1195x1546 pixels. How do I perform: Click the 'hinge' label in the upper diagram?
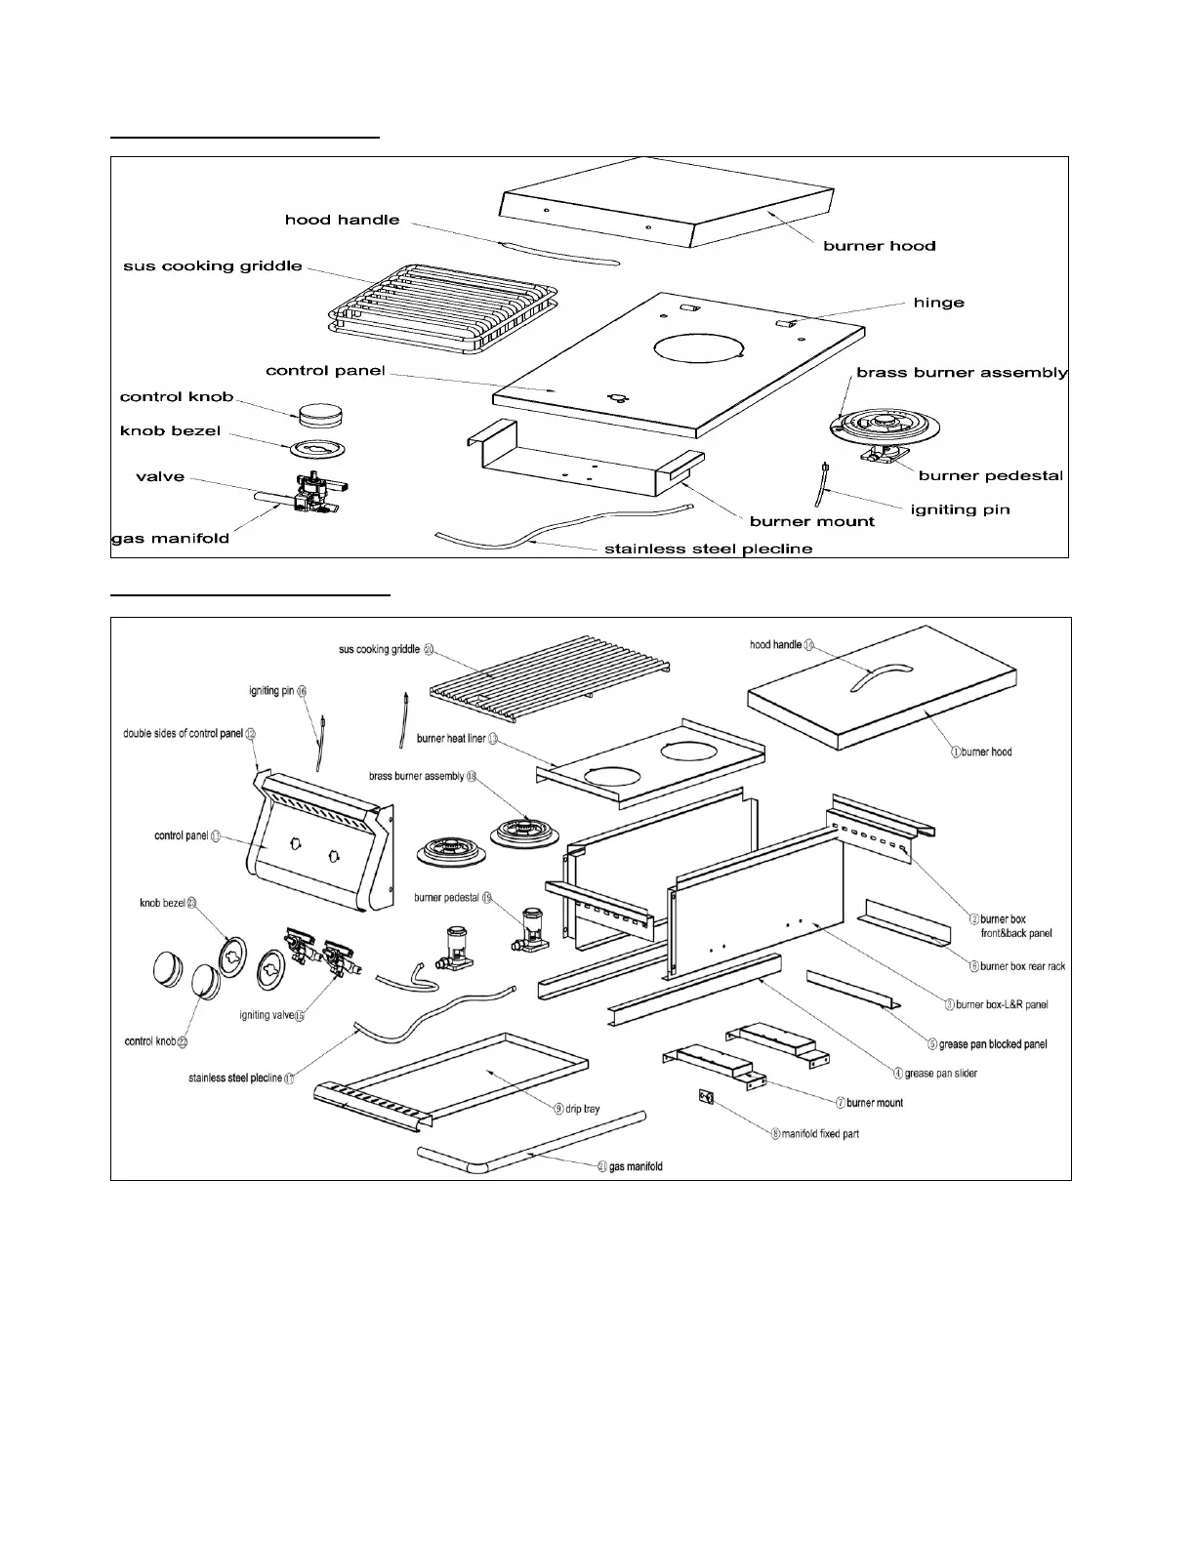tap(938, 303)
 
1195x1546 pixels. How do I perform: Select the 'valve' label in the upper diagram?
tap(159, 476)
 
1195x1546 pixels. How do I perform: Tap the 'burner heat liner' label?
tap(451, 739)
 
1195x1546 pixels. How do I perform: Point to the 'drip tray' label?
tap(583, 1109)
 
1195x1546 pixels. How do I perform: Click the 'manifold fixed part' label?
tap(820, 1134)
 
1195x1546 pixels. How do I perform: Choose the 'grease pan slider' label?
tap(940, 1074)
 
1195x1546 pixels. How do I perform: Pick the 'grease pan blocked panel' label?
tap(992, 1044)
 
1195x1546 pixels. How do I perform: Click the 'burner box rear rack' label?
tap(1022, 966)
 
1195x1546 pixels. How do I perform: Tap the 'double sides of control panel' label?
tap(183, 733)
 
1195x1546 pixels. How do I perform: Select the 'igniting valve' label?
tap(267, 1016)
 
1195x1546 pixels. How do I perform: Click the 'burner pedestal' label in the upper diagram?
tap(990, 475)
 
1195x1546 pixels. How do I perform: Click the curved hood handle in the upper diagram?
tap(557, 249)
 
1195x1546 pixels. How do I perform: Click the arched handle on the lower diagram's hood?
tap(880, 677)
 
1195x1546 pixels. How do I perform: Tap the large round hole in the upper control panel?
tap(696, 353)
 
